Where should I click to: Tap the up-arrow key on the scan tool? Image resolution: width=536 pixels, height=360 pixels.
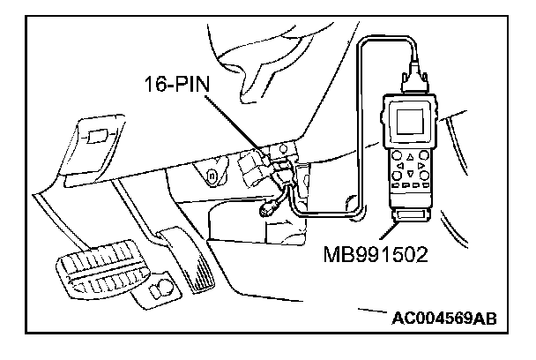407,156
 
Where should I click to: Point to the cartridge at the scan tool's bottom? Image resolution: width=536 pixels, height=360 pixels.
411,216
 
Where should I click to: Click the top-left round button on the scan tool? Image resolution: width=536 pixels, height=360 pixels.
391,156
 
